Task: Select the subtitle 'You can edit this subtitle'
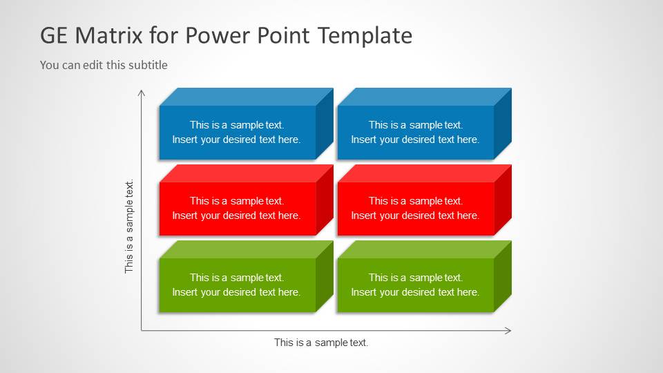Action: (104, 65)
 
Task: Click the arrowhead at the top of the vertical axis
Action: (142, 92)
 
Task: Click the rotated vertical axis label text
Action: (129, 226)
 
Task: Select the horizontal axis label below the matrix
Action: (321, 343)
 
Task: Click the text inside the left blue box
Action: (237, 132)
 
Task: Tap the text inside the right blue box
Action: (415, 132)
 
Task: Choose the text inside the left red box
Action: (237, 208)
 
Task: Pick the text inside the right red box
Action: (415, 208)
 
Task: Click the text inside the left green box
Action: (237, 285)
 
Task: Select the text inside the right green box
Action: (415, 285)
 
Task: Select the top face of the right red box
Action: (425, 173)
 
